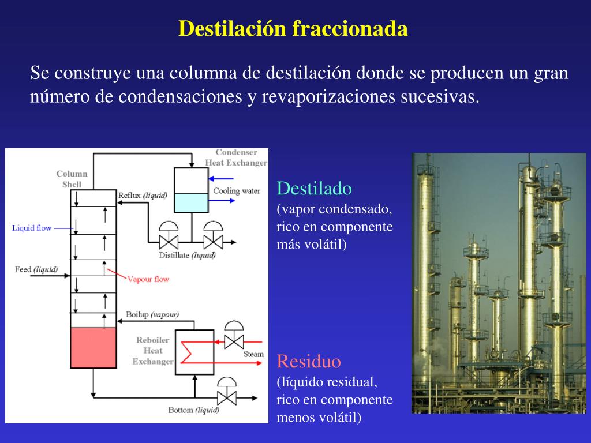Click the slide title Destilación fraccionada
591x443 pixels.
[293, 29]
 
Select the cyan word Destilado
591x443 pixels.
[314, 189]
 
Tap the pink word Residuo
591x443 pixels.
[309, 362]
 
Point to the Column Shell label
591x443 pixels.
[72, 179]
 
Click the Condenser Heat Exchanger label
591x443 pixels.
[236, 157]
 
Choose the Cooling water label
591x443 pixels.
[237, 191]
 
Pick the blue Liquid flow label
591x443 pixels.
[32, 228]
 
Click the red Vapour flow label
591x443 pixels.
[148, 279]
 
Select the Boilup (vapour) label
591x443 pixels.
[152, 314]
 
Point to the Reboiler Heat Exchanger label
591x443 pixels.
[153, 351]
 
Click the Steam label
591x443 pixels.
[253, 354]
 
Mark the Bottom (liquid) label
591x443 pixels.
[194, 410]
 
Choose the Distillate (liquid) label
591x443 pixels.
[187, 255]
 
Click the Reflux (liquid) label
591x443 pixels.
[143, 195]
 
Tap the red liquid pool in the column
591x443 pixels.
[93, 348]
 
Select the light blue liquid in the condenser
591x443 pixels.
[190, 203]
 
